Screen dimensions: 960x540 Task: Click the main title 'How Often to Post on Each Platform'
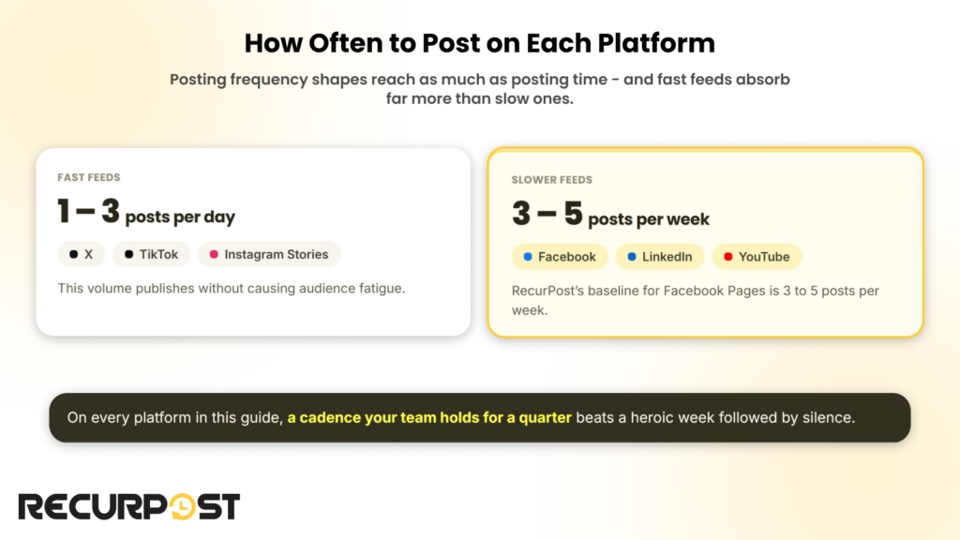pyautogui.click(x=479, y=43)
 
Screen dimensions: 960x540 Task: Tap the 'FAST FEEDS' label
pyautogui.click(x=89, y=177)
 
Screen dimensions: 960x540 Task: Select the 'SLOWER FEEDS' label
pyautogui.click(x=551, y=180)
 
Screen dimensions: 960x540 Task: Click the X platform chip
pyautogui.click(x=82, y=254)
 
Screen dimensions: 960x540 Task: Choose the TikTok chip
pyautogui.click(x=151, y=254)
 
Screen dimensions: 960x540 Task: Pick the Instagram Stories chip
pyautogui.click(x=269, y=254)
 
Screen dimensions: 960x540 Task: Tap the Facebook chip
pyautogui.click(x=560, y=257)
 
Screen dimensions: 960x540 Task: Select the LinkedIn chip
pyautogui.click(x=660, y=257)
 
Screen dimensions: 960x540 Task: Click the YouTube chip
pyautogui.click(x=757, y=257)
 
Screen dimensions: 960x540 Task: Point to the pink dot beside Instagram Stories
pyautogui.click(x=214, y=254)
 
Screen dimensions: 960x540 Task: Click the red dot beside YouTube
pyautogui.click(x=727, y=257)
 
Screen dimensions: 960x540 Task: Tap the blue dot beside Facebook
pyautogui.click(x=528, y=257)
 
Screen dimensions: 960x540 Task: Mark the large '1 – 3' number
pyautogui.click(x=88, y=211)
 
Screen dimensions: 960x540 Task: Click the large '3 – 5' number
pyautogui.click(x=547, y=214)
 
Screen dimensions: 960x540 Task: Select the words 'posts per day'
pyautogui.click(x=180, y=217)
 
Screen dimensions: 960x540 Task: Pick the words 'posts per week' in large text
pyautogui.click(x=649, y=219)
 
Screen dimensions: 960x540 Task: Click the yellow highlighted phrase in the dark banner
pyautogui.click(x=429, y=417)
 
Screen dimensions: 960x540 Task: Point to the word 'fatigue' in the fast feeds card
pyautogui.click(x=382, y=289)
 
